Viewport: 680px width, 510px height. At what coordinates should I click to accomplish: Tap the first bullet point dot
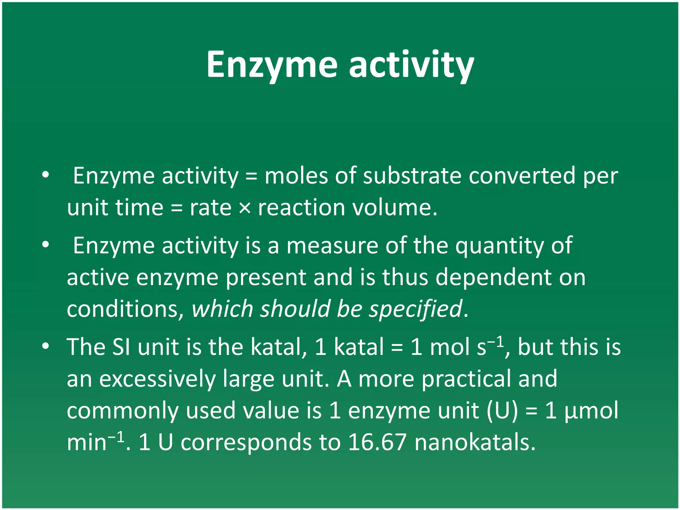pyautogui.click(x=45, y=174)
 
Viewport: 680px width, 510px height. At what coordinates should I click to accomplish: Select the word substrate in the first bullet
pyautogui.click(x=412, y=176)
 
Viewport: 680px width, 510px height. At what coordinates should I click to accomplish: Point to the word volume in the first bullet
pyautogui.click(x=394, y=208)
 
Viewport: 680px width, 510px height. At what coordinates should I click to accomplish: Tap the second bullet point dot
pyautogui.click(x=45, y=245)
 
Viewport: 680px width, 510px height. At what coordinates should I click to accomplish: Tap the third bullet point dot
pyautogui.click(x=45, y=346)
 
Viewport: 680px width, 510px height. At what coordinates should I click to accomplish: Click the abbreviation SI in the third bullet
pyautogui.click(x=121, y=347)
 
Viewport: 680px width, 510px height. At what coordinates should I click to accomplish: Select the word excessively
pyautogui.click(x=157, y=379)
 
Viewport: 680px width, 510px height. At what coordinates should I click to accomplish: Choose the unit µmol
pyautogui.click(x=591, y=411)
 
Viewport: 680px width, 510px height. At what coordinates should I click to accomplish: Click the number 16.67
pyautogui.click(x=377, y=443)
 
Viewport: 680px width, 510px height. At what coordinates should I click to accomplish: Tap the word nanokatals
pyautogui.click(x=475, y=443)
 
